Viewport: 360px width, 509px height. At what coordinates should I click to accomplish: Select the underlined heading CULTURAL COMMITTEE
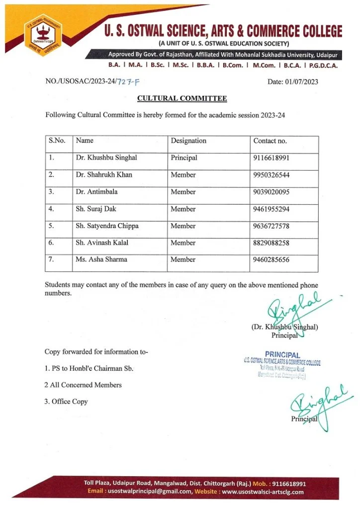point(182,98)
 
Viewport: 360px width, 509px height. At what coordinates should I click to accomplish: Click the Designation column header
point(188,141)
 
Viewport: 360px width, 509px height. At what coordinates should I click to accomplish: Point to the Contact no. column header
point(270,141)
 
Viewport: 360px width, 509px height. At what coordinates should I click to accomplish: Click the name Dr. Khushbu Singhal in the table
point(106,158)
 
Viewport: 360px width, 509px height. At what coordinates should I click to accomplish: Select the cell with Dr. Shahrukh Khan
point(104,175)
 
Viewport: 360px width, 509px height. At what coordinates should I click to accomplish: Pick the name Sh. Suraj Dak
point(96,209)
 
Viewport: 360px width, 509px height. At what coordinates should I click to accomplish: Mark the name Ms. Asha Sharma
point(101,259)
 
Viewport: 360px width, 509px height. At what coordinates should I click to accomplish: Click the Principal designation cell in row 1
point(184,158)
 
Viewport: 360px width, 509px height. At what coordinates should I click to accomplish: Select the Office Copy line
point(66,402)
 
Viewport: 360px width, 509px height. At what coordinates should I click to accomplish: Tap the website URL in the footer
point(263,492)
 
